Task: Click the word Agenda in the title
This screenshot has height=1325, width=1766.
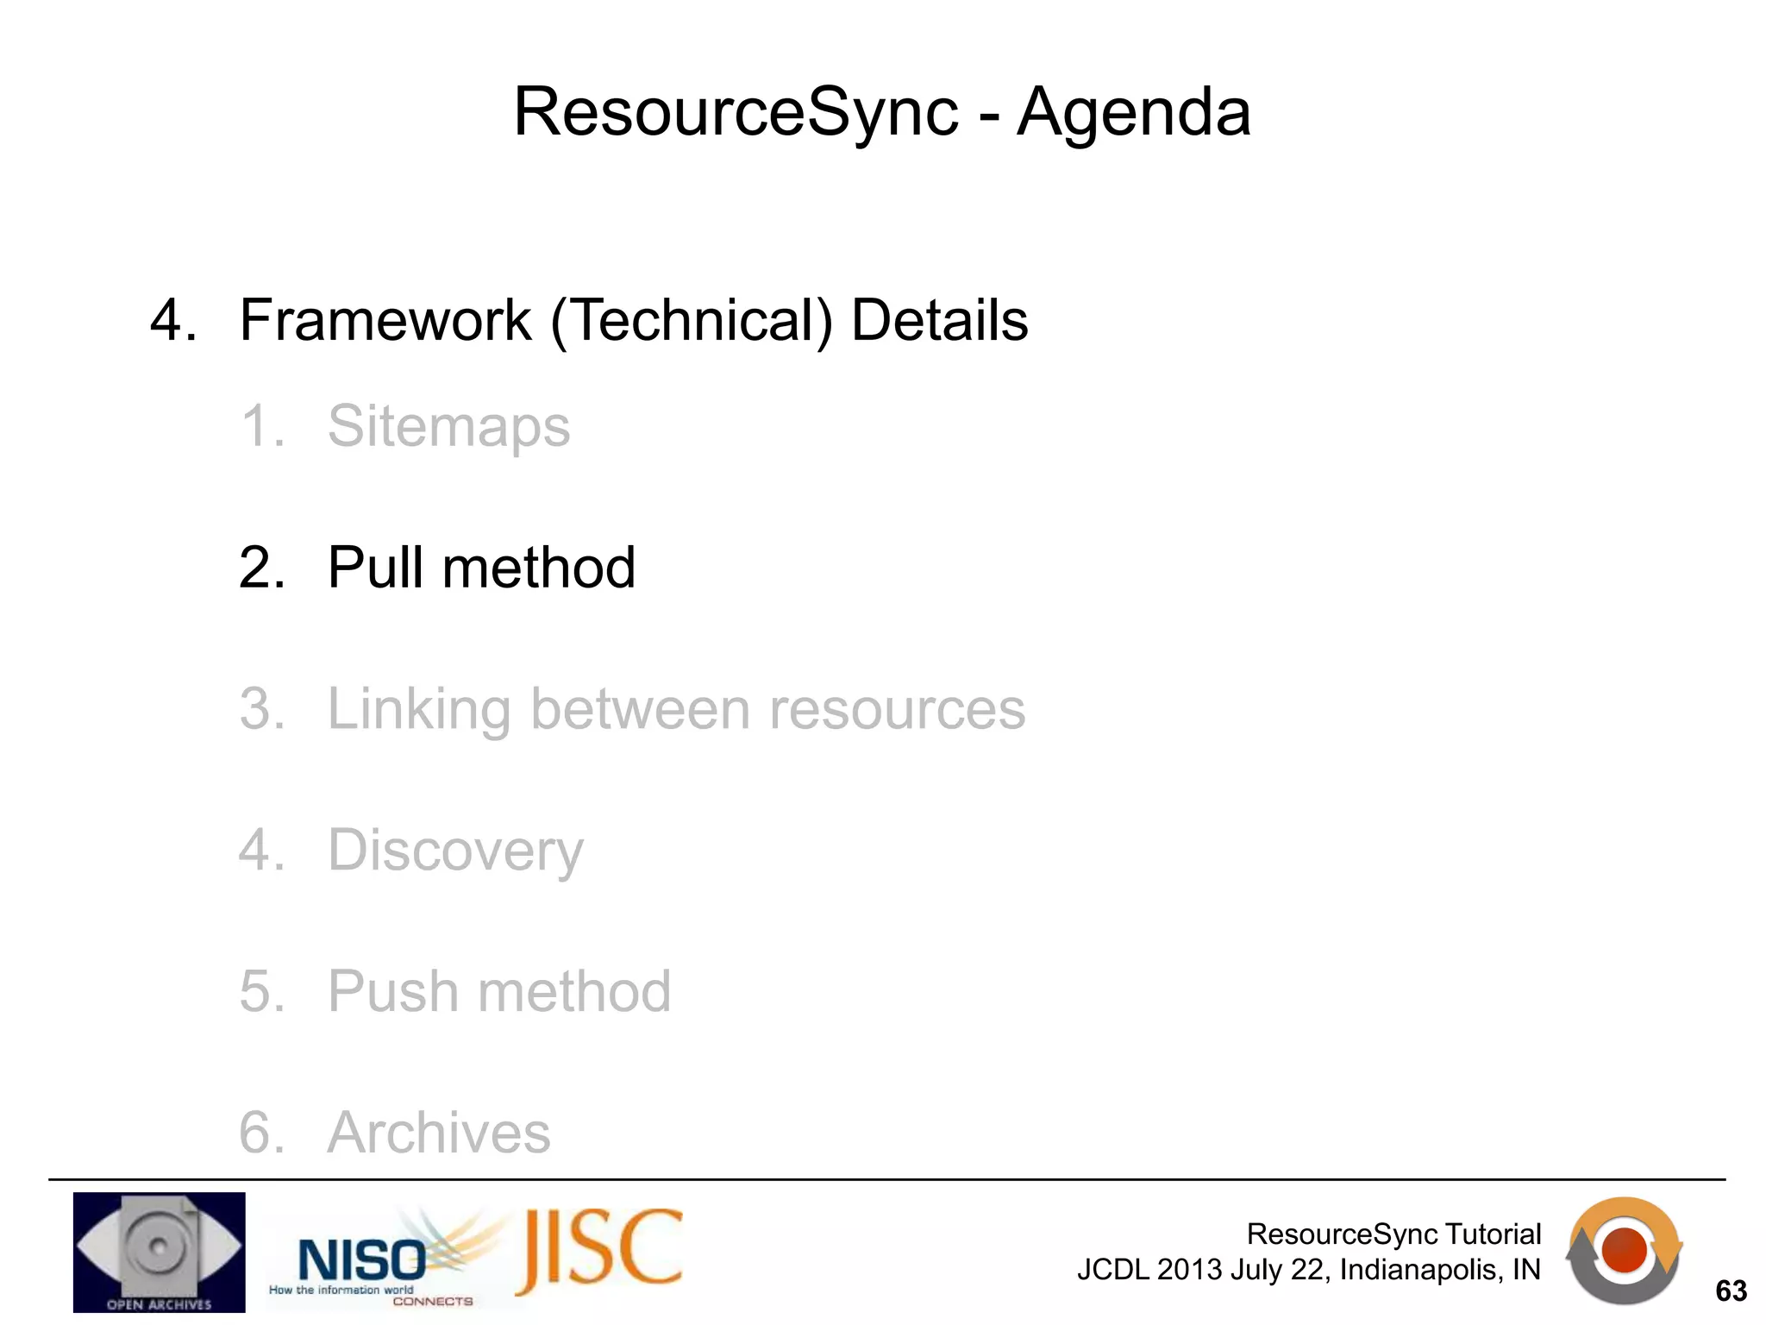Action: pyautogui.click(x=1133, y=112)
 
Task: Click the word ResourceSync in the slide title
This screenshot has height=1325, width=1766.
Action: pyautogui.click(x=736, y=112)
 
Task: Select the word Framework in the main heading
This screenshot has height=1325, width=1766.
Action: pyautogui.click(x=385, y=320)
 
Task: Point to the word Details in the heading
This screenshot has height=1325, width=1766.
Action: pyautogui.click(x=939, y=320)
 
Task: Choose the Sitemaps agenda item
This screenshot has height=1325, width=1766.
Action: pyautogui.click(x=448, y=426)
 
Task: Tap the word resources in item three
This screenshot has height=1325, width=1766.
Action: pyautogui.click(x=897, y=710)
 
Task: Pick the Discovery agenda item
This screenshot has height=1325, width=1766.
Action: pyautogui.click(x=455, y=851)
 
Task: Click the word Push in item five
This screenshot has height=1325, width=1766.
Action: pyautogui.click(x=391, y=991)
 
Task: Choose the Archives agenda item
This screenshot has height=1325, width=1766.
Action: pyautogui.click(x=439, y=1133)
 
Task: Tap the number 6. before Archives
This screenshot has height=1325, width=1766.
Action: pyautogui.click(x=261, y=1133)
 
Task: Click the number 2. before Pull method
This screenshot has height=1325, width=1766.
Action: pyautogui.click(x=261, y=568)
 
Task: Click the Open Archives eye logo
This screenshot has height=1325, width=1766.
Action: pyautogui.click(x=159, y=1252)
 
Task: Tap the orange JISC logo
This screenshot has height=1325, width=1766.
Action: pyautogui.click(x=600, y=1251)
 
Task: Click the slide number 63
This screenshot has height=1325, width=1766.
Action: pyautogui.click(x=1731, y=1291)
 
